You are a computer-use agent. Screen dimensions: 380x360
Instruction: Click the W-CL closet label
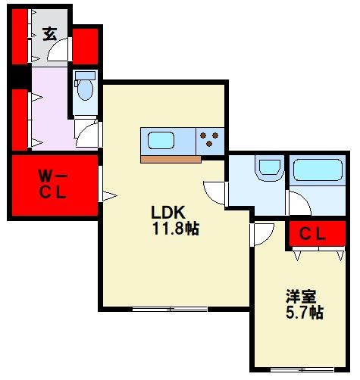52,185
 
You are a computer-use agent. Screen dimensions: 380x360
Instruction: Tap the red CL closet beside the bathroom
311,235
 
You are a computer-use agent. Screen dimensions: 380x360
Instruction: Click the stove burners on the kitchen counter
210,140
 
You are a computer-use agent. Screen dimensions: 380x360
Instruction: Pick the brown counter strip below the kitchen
171,159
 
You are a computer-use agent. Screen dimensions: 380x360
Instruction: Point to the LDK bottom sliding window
168,308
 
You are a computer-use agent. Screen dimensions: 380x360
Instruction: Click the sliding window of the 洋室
301,369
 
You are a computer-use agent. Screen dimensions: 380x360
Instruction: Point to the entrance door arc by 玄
59,51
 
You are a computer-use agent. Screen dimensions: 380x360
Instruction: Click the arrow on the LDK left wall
108,197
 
